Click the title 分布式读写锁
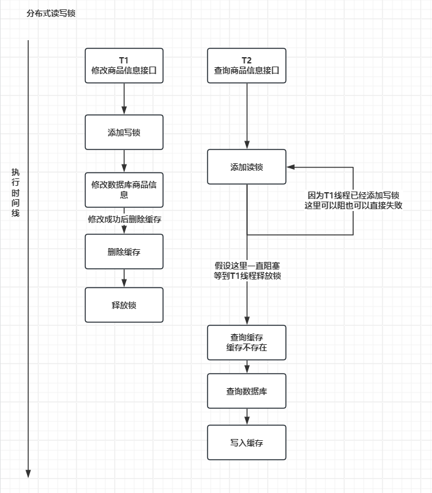point(51,13)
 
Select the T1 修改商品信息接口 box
point(124,66)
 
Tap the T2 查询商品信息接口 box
point(246,66)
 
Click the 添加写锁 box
point(124,132)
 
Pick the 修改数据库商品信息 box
point(124,190)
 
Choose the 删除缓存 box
point(124,252)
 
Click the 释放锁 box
point(124,305)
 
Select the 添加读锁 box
point(246,167)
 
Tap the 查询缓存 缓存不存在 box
point(246,342)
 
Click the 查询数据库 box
point(246,391)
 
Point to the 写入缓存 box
point(246,442)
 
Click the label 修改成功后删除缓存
point(124,219)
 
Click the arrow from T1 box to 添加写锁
point(124,99)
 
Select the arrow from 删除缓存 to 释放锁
point(124,278)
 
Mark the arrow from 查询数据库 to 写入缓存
point(246,416)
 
